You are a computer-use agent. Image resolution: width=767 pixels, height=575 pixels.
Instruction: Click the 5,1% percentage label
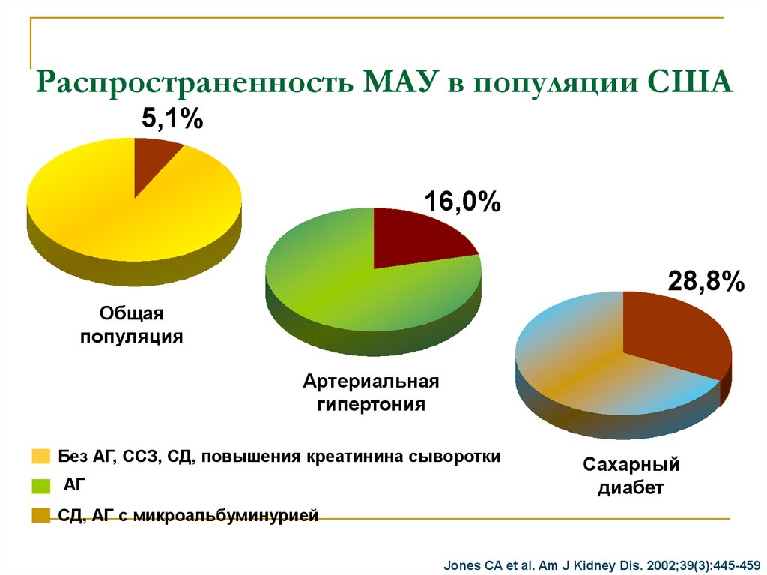pyautogui.click(x=172, y=118)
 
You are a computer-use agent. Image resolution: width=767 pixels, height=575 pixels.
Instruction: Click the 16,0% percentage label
pyautogui.click(x=462, y=202)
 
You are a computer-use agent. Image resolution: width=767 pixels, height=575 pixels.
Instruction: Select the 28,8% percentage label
pyautogui.click(x=706, y=282)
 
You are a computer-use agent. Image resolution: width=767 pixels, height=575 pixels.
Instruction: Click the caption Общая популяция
pyautogui.click(x=132, y=325)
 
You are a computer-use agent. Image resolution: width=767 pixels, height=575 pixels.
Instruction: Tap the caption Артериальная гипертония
pyautogui.click(x=371, y=393)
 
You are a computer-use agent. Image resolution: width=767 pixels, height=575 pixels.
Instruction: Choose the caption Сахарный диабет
pyautogui.click(x=631, y=476)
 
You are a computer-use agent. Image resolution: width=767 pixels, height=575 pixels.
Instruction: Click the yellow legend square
pyautogui.click(x=40, y=457)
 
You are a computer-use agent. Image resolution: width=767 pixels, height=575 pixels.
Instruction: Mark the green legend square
pyautogui.click(x=40, y=486)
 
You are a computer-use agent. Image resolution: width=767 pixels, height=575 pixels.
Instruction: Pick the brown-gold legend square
pyautogui.click(x=40, y=515)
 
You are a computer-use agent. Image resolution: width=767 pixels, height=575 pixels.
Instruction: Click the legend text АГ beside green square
pyautogui.click(x=75, y=485)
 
